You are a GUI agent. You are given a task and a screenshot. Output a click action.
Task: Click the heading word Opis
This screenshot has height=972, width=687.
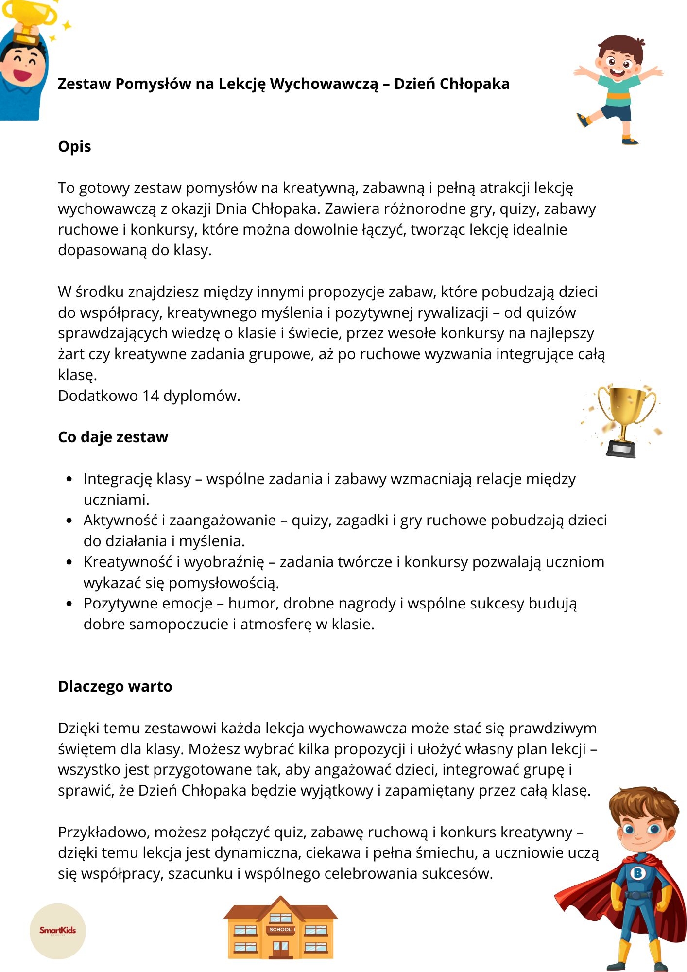click(74, 147)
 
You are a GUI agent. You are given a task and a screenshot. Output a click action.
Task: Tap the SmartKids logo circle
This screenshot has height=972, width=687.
click(58, 931)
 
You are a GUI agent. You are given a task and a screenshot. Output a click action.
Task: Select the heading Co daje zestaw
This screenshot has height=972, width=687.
click(113, 437)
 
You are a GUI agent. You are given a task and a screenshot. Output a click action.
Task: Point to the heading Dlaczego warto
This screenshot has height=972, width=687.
click(115, 686)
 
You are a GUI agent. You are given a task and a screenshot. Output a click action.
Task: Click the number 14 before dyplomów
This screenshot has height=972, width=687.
click(151, 396)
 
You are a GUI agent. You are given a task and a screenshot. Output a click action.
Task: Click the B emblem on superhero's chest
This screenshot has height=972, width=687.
click(637, 873)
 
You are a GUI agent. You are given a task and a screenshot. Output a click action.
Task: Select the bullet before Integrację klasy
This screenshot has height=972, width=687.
click(69, 479)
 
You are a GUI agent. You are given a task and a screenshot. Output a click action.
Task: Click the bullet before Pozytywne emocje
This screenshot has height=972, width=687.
click(69, 604)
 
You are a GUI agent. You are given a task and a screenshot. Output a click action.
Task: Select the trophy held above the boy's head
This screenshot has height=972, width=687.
click(30, 19)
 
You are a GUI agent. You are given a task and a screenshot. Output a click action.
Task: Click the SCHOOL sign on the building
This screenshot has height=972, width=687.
click(280, 929)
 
